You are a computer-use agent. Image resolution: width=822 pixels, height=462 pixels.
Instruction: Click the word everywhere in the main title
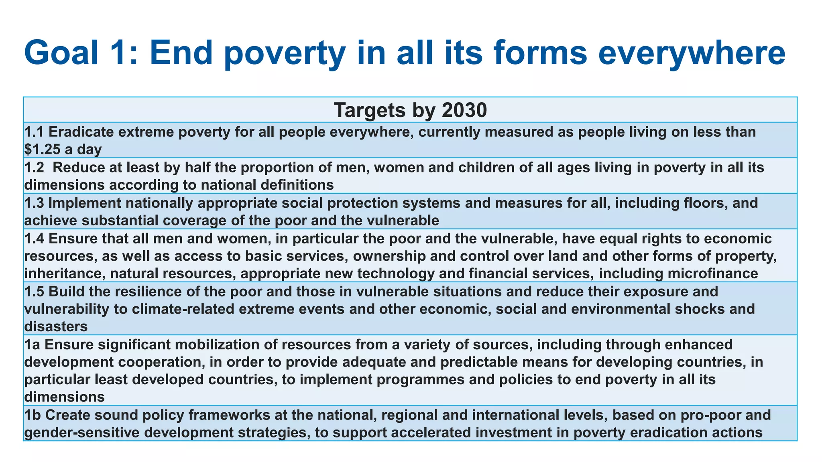click(691, 53)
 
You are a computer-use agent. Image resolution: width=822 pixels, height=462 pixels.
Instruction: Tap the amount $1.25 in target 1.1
click(42, 150)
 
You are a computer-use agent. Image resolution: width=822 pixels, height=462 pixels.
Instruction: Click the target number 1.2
click(34, 167)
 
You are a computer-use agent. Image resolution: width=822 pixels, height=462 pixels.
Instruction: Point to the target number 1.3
click(34, 203)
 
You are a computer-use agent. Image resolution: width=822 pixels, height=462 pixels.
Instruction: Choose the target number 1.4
click(34, 238)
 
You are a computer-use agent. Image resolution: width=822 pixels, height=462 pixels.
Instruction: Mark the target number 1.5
click(34, 291)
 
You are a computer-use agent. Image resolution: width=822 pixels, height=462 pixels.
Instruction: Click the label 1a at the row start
click(31, 344)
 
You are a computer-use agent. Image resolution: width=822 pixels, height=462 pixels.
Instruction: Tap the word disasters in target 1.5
click(56, 326)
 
